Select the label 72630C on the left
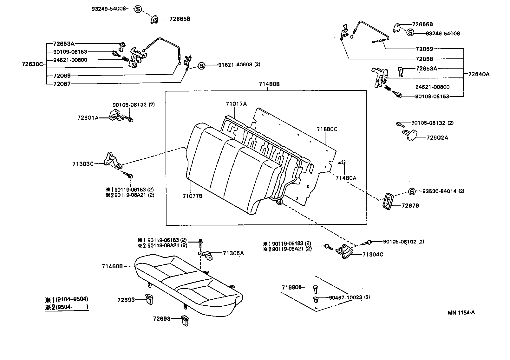(x=32, y=64)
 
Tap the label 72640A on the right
(x=479, y=74)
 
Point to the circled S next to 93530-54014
(x=411, y=191)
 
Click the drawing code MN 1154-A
(x=461, y=312)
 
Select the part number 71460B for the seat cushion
(x=112, y=266)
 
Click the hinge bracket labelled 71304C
(x=344, y=252)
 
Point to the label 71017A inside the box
(x=236, y=104)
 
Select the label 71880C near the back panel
(x=327, y=129)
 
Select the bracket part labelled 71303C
(x=112, y=160)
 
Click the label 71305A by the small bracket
(x=233, y=253)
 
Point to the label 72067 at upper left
(x=62, y=84)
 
